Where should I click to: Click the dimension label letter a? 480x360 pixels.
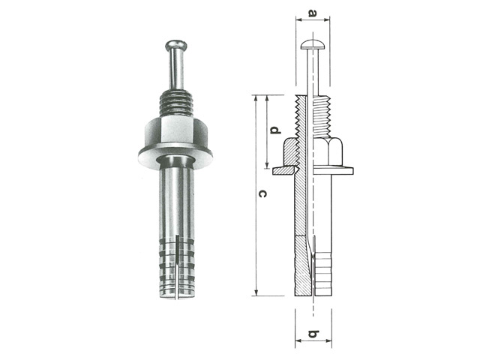pos(312,13)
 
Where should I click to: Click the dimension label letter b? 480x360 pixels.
pos(313,333)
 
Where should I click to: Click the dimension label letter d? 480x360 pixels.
pos(275,130)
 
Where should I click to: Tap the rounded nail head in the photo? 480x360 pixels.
pos(176,46)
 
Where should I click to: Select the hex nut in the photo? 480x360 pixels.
pos(175,131)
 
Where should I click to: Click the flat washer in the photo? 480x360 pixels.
pos(175,155)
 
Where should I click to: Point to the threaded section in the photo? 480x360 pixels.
pos(176,103)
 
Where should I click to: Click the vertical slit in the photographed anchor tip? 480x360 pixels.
pos(177,266)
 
